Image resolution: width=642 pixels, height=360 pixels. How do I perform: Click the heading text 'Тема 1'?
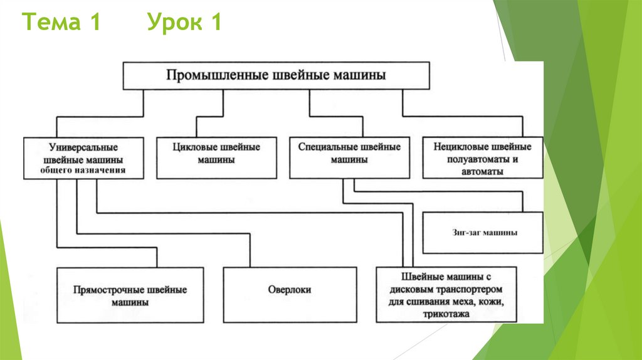click(x=62, y=23)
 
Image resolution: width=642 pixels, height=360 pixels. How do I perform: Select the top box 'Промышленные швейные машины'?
click(x=276, y=75)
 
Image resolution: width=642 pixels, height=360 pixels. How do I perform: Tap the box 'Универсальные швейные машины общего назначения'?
click(x=83, y=158)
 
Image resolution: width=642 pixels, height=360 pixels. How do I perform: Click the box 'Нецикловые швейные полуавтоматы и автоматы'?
click(x=481, y=158)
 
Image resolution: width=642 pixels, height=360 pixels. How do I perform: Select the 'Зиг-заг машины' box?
click(x=483, y=233)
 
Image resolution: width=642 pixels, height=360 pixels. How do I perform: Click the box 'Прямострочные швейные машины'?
click(x=130, y=295)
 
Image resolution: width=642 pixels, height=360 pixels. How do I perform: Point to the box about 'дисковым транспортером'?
click(x=446, y=295)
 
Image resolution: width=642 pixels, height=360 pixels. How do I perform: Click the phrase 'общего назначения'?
click(x=83, y=170)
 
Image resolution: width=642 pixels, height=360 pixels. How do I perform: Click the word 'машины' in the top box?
click(x=361, y=75)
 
